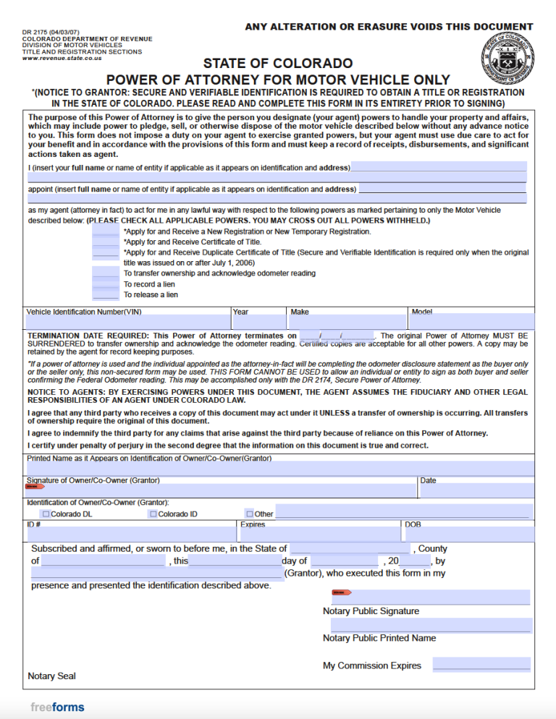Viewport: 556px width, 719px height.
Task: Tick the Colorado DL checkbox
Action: pyautogui.click(x=46, y=514)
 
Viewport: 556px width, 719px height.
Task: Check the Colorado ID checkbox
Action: pyautogui.click(x=153, y=514)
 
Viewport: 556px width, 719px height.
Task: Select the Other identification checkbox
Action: pyautogui.click(x=249, y=514)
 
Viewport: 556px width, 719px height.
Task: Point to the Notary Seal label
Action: pyautogui.click(x=51, y=676)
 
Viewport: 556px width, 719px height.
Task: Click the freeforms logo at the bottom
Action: pyautogui.click(x=57, y=707)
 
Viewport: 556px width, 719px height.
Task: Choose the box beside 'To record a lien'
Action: pyautogui.click(x=106, y=284)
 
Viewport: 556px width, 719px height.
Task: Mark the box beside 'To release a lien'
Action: pyautogui.click(x=106, y=295)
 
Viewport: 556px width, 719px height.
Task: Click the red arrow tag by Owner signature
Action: pyautogui.click(x=35, y=487)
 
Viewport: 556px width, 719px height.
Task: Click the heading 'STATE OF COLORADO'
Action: pyautogui.click(x=278, y=64)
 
